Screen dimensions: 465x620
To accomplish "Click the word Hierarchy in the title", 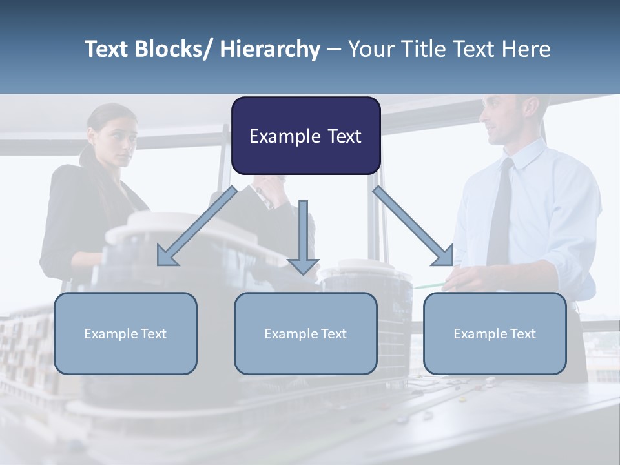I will point(270,50).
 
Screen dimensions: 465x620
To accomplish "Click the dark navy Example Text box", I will point(305,136).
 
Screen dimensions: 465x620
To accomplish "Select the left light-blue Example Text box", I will point(125,334).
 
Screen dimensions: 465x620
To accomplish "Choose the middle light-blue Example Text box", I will point(305,334).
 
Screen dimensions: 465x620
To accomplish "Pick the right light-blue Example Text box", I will point(495,334).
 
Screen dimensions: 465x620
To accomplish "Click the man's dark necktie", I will point(501,207).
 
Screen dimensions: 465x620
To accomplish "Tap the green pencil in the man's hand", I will point(429,285).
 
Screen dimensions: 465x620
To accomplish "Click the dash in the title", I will point(333,50).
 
